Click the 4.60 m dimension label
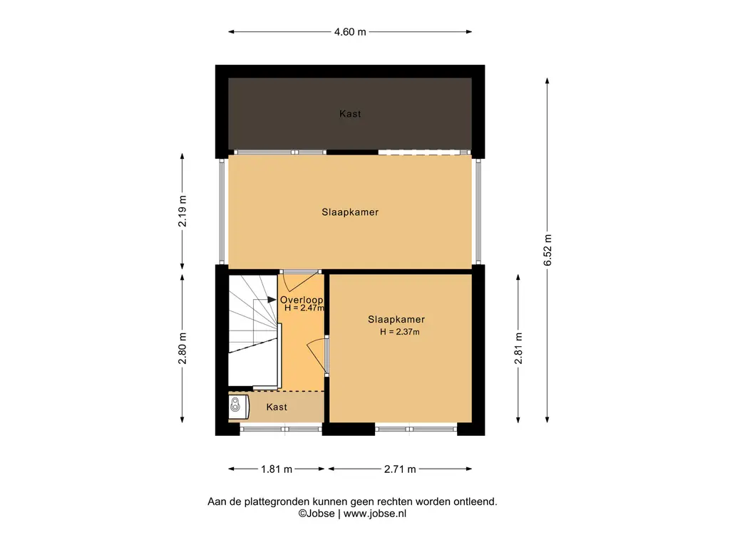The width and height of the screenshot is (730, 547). point(350,31)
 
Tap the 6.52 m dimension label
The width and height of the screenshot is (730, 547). point(547,250)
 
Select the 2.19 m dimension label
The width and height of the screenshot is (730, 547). point(182,211)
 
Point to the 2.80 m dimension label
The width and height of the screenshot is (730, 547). point(182,348)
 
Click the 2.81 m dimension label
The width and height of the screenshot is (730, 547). point(519,348)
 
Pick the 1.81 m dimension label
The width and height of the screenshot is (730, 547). point(277,469)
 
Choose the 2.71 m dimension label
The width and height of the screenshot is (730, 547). point(400,469)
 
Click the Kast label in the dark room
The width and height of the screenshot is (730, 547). point(350,113)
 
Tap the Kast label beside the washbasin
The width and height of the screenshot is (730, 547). point(277,407)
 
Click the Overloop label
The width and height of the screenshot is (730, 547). point(302,300)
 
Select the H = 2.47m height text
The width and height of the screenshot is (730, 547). point(304,308)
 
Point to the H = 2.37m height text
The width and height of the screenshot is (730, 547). point(399,332)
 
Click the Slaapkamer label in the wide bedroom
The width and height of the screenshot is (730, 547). point(350,212)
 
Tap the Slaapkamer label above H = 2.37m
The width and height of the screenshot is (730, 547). point(396,320)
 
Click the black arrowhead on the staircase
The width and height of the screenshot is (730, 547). point(272,300)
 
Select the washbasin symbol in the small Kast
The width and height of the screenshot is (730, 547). point(235,405)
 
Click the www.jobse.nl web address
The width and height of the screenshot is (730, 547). point(375,514)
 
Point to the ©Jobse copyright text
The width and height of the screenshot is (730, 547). point(317,514)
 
